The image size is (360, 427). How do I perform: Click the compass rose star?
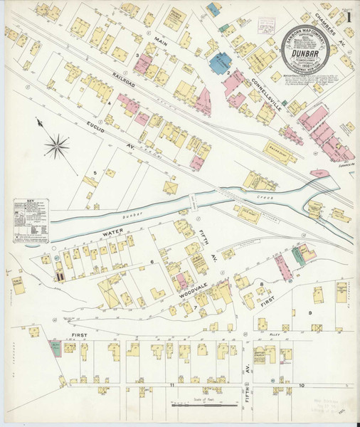pos(57,147)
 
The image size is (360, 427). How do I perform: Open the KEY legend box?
pos(31,220)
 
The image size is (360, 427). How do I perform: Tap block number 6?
pos(152,263)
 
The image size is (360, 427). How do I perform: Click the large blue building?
pos(220,62)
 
